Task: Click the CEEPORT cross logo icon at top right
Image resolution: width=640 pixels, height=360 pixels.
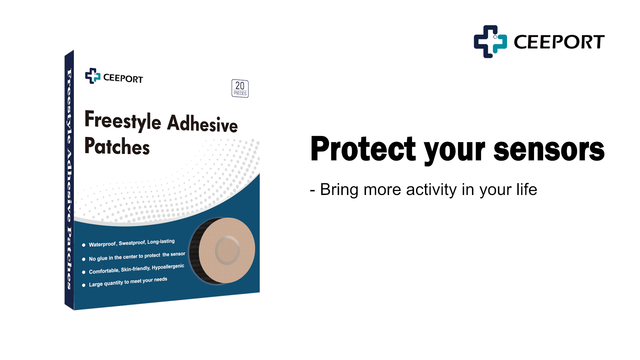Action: coord(490,42)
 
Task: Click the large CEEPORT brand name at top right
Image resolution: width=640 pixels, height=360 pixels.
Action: coord(559,42)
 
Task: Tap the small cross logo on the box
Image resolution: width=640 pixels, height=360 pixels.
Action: coord(93,76)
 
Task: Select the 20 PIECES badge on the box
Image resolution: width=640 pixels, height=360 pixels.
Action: coord(240,89)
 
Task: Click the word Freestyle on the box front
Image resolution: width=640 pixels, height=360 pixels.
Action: coord(123,120)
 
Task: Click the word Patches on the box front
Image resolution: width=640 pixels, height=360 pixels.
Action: coord(117,146)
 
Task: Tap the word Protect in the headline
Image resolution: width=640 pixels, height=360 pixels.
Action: coord(363,149)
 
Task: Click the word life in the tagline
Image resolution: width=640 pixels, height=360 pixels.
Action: coord(527,189)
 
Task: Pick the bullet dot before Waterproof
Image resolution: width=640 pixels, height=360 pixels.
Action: coord(84,245)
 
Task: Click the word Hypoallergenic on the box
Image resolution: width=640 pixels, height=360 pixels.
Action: coord(168,267)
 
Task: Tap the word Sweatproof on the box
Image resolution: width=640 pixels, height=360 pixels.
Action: coord(132,243)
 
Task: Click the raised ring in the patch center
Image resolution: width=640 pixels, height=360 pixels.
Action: coord(227,250)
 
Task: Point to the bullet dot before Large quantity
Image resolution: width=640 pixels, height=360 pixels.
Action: coord(84,285)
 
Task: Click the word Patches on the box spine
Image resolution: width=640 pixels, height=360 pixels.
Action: coord(69,258)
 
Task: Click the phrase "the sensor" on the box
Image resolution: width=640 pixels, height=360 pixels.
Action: coord(174,254)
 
